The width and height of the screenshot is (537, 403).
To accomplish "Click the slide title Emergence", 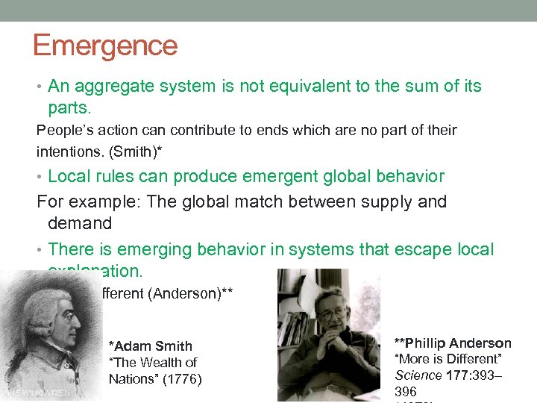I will point(105,46).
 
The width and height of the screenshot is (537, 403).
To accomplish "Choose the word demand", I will point(80,223).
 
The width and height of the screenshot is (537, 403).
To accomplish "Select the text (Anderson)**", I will point(192,293).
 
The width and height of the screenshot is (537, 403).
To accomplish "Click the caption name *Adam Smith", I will point(151,346).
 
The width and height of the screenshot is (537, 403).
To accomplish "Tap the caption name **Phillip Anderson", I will point(453,343).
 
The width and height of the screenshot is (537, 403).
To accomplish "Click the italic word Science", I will point(418,375).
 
